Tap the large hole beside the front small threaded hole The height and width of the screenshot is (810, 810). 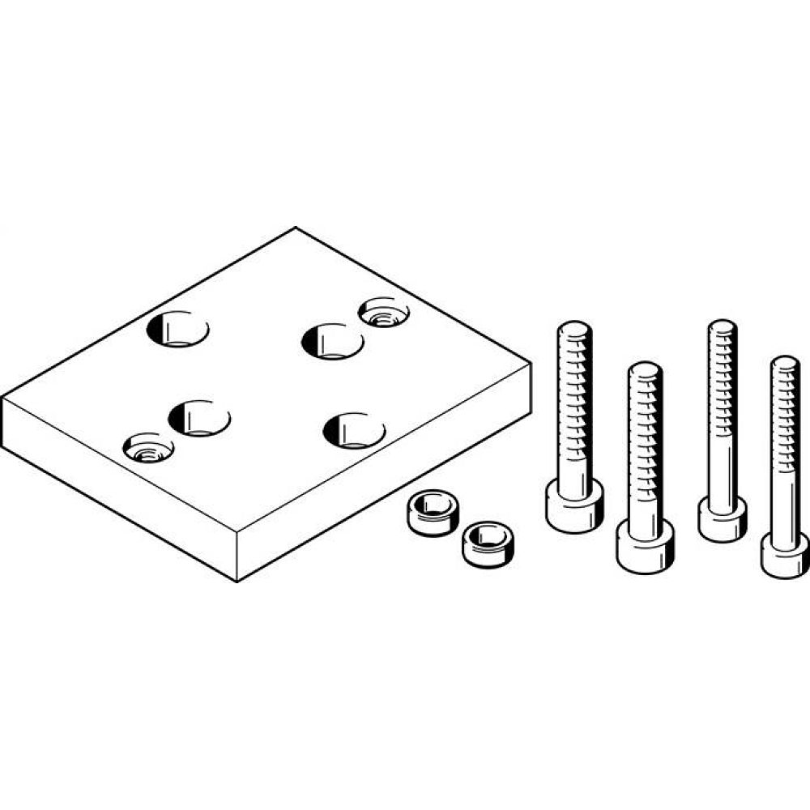(x=199, y=418)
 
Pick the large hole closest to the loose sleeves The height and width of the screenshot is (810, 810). (x=354, y=430)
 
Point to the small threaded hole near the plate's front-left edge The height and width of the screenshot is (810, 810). (x=147, y=448)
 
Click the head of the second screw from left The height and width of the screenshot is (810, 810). (x=644, y=545)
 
